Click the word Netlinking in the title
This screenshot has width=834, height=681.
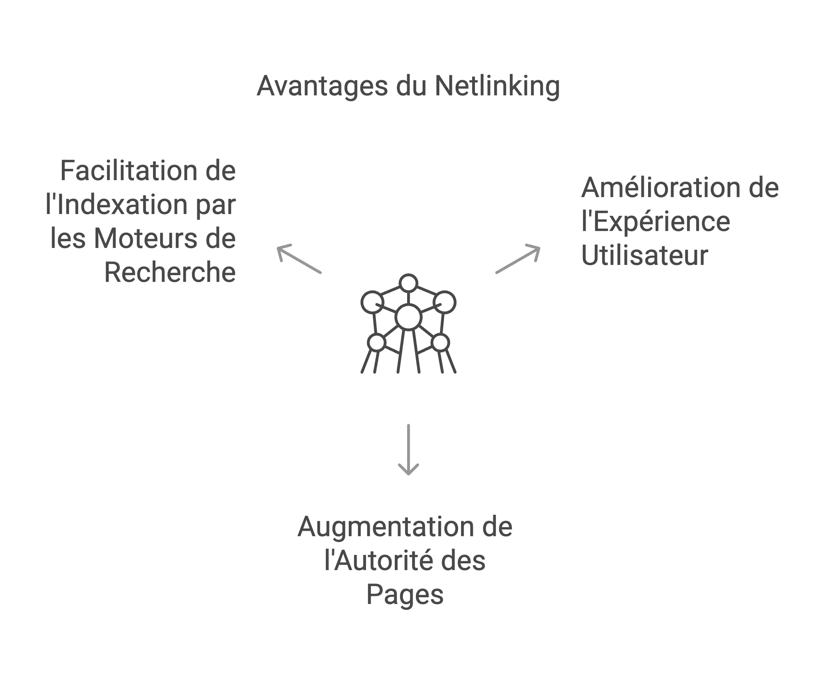[497, 86]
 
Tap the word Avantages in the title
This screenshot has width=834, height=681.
[322, 86]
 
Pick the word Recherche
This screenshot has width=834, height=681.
[170, 272]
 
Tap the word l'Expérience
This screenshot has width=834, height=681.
[656, 221]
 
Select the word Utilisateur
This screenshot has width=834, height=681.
[645, 255]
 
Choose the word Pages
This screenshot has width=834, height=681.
[405, 595]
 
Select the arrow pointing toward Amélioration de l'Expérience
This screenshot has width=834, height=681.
[518, 259]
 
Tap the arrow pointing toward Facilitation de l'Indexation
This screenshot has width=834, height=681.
[299, 259]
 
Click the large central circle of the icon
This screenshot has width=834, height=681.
[408, 317]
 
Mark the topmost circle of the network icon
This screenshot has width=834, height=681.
[408, 283]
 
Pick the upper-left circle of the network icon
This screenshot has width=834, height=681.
[372, 302]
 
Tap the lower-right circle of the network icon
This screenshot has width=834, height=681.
[440, 343]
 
